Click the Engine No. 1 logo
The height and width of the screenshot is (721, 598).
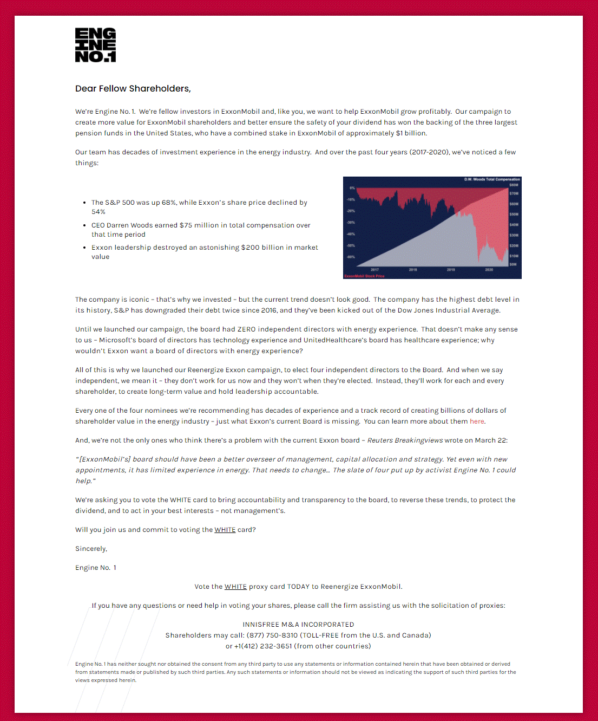(x=95, y=45)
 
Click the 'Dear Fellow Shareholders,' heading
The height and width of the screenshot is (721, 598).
(x=133, y=88)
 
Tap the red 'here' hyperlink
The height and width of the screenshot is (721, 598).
(x=477, y=421)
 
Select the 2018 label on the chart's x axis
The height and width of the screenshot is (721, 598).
(x=413, y=270)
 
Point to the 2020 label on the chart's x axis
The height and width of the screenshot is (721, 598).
(x=489, y=270)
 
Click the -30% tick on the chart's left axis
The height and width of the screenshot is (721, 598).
(x=351, y=223)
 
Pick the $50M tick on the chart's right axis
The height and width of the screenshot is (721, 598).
(x=514, y=215)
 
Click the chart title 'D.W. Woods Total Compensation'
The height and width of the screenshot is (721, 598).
(x=492, y=179)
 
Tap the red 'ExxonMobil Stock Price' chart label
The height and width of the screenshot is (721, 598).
(x=364, y=276)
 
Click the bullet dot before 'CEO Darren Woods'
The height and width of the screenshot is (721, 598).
(x=85, y=225)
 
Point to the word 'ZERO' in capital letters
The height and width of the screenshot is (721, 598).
(x=246, y=329)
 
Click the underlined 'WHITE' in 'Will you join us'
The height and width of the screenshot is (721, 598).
(x=225, y=530)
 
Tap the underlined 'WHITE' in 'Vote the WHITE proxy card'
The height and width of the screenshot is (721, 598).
(x=235, y=587)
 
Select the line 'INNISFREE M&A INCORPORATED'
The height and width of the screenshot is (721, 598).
(x=298, y=625)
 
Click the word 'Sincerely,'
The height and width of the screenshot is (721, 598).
(x=91, y=549)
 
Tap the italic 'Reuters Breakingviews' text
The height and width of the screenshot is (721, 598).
(x=405, y=440)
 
